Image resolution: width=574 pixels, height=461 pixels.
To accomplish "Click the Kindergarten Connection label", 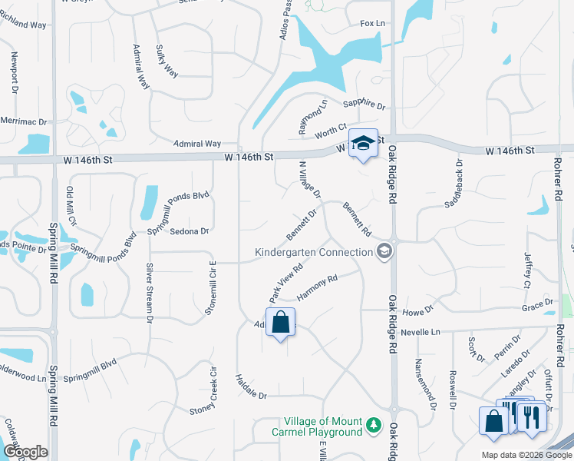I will tap(315, 252).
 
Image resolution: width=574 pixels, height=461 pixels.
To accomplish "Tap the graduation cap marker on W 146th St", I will tap(364, 143).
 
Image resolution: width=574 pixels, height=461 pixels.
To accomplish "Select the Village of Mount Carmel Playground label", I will tap(322, 426).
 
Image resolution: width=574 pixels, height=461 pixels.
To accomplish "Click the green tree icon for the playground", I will tap(373, 425).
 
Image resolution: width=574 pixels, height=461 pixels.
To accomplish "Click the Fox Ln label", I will tap(372, 24).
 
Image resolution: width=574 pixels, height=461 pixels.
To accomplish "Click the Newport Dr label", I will tap(15, 73).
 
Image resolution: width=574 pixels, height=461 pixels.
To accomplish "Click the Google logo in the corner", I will tap(25, 453).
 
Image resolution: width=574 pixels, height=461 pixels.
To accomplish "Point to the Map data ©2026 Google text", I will tap(526, 455).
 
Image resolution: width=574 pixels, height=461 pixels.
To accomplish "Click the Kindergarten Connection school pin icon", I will tap(384, 251).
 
